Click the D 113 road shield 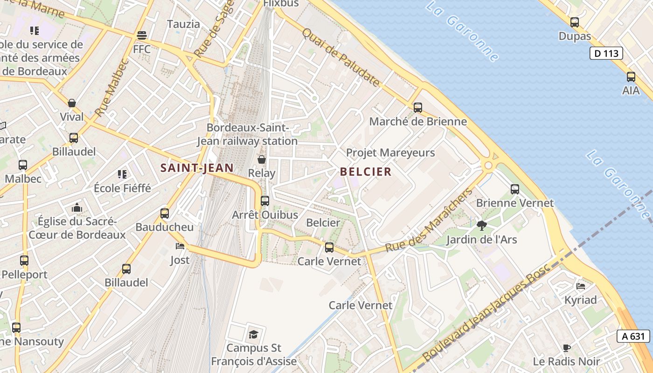(606, 53)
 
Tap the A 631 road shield (633, 336)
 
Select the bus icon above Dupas (575, 22)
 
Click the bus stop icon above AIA (631, 76)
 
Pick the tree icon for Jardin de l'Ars (482, 226)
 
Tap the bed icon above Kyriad (581, 285)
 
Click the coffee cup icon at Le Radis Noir (566, 347)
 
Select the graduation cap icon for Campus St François (253, 334)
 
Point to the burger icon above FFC (142, 35)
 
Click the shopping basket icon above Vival (72, 103)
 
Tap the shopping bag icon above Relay (262, 159)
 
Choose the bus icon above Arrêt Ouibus (265, 200)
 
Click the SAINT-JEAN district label (197, 168)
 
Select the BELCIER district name (366, 172)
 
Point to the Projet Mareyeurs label (390, 152)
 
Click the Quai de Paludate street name (340, 57)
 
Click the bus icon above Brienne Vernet (515, 189)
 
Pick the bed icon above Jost (180, 246)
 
